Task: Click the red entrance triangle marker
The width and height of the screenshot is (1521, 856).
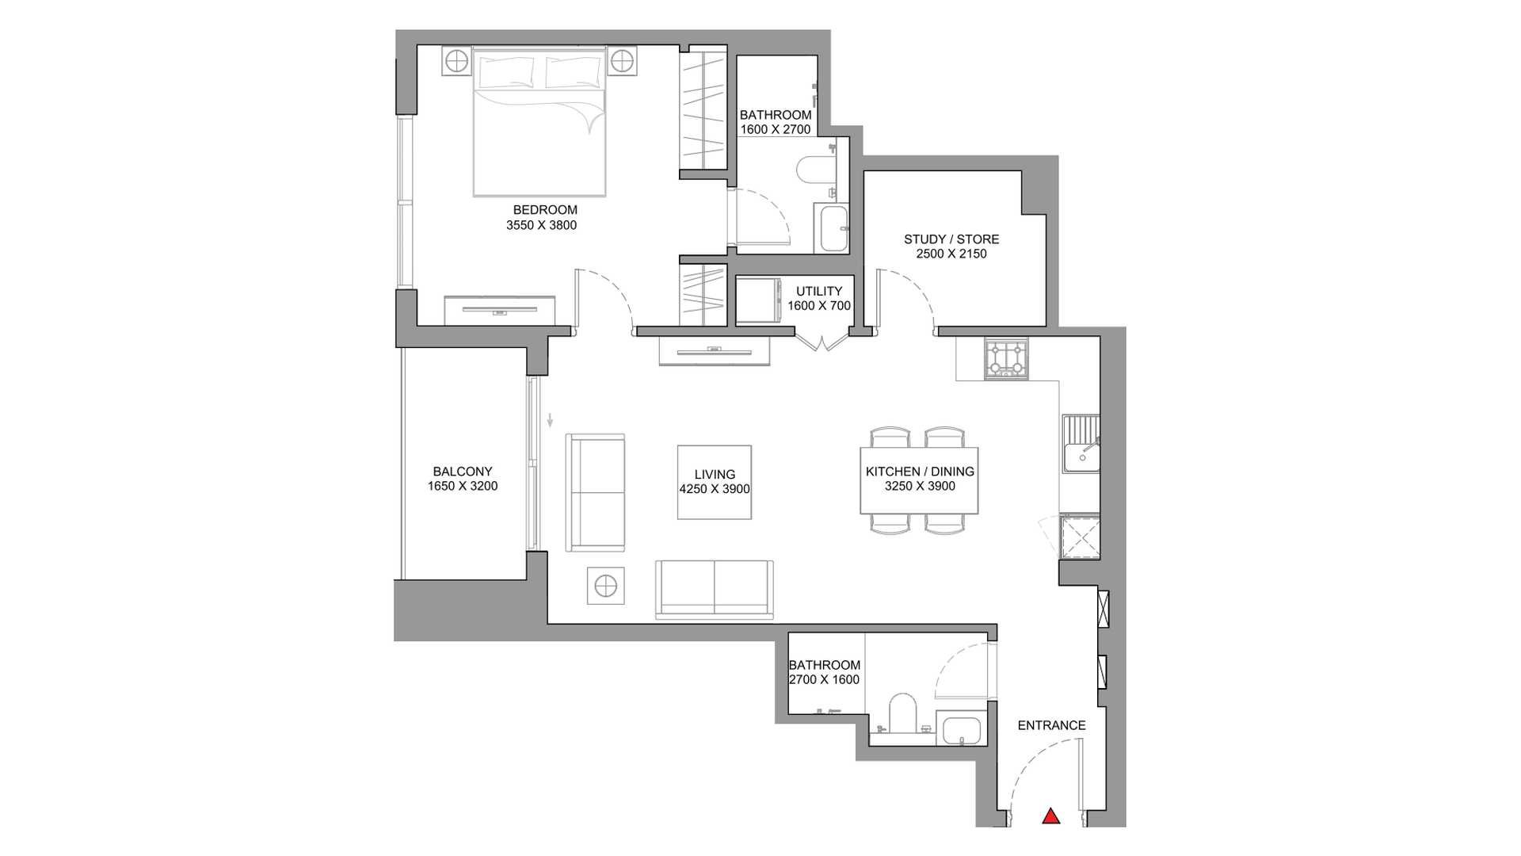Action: click(x=1050, y=816)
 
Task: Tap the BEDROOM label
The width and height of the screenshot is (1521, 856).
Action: click(x=545, y=210)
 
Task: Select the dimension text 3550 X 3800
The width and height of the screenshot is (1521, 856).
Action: click(x=542, y=225)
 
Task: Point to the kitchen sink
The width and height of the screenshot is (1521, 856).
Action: click(x=1081, y=443)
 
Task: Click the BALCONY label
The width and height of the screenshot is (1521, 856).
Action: click(x=463, y=472)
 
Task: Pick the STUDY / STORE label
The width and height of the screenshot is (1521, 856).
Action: click(x=951, y=239)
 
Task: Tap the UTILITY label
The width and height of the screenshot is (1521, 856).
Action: click(x=819, y=291)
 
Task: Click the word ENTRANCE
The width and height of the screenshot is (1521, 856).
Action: click(x=1051, y=725)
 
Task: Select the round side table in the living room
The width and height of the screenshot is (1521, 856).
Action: click(x=606, y=587)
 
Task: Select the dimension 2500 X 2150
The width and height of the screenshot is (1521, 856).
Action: click(x=951, y=254)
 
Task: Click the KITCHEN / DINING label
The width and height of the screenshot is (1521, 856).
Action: click(x=920, y=472)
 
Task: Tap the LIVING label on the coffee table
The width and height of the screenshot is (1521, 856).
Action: click(x=715, y=475)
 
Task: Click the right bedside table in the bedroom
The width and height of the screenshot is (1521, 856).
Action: click(x=623, y=60)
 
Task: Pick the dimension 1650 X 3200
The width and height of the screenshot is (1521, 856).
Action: click(x=463, y=487)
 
